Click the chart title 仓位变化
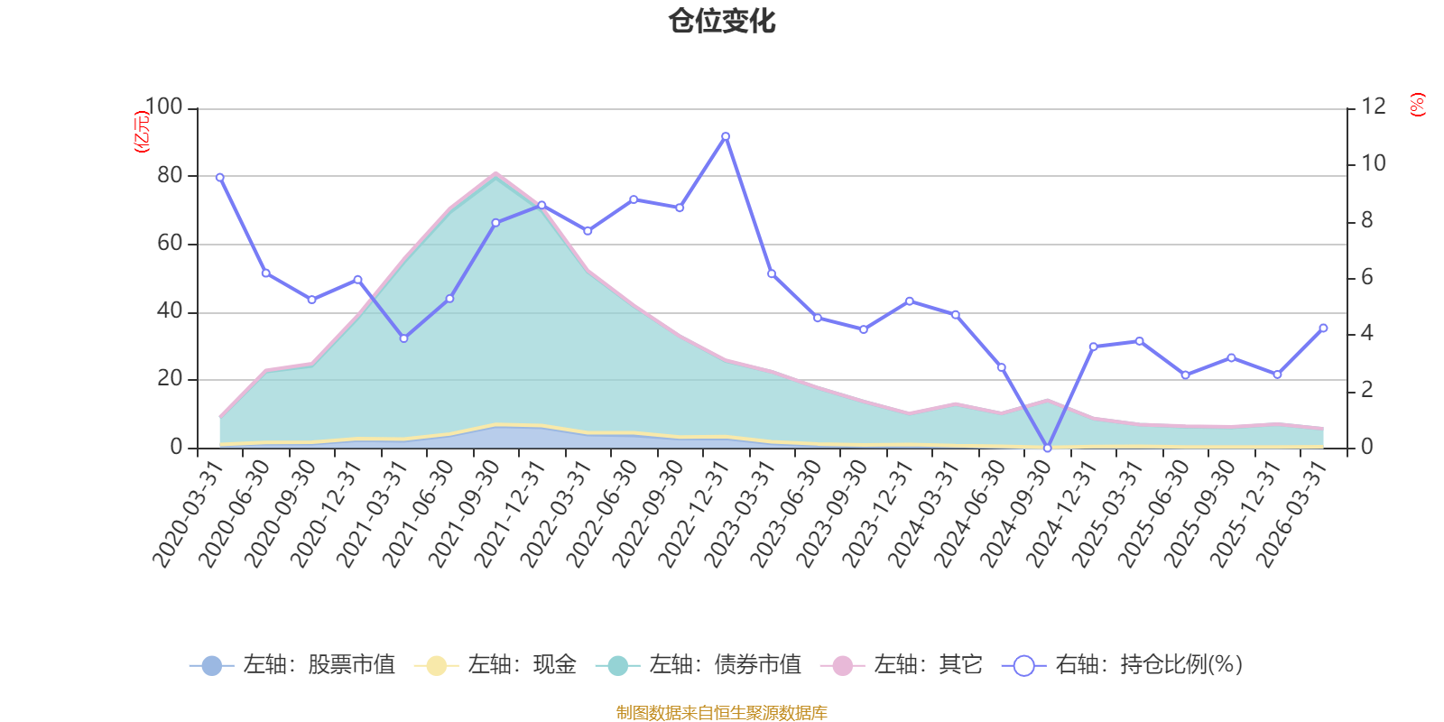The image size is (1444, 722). coord(721,22)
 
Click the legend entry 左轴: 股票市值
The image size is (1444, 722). coord(292,664)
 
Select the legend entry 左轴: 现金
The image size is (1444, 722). coord(495,664)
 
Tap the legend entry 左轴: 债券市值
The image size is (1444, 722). coord(699,664)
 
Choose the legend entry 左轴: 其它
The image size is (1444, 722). coord(902,664)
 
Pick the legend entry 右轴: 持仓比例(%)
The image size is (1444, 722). coord(1123,664)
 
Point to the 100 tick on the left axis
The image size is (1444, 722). coord(163,106)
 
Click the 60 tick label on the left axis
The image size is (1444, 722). coord(171,243)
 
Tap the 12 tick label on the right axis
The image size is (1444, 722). coord(1374,106)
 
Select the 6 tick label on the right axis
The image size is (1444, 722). coord(1366,277)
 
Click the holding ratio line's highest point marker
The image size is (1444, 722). coord(726,136)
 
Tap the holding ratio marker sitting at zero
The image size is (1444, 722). coord(1048,448)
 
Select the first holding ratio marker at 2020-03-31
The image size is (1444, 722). coord(220,177)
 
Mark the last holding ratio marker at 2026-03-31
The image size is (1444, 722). coord(1323,329)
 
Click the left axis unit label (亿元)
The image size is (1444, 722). coord(141,132)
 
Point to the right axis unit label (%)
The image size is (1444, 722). coord(1417,105)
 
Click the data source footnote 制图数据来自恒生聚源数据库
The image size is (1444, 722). coord(721,712)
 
